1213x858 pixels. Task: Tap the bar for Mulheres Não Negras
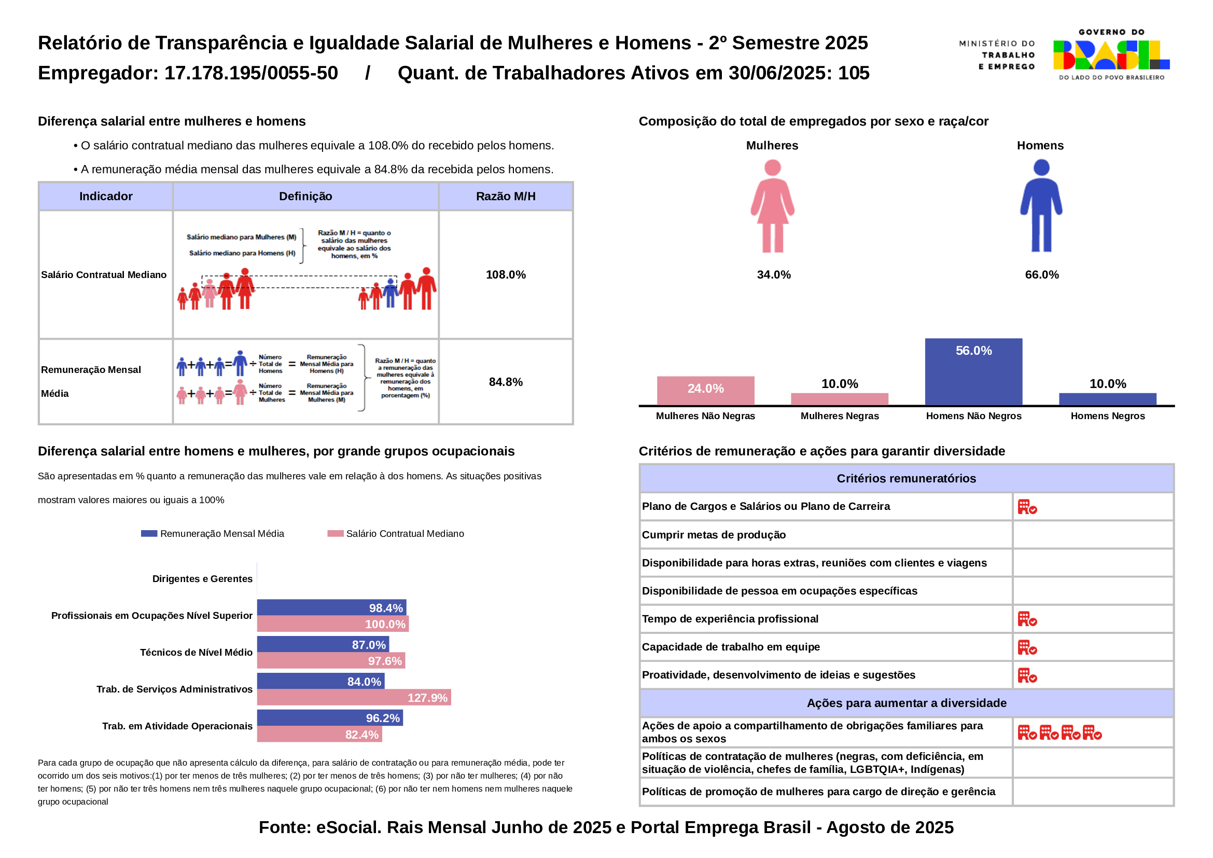point(705,391)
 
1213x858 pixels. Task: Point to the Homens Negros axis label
point(1107,416)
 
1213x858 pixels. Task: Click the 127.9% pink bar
point(354,697)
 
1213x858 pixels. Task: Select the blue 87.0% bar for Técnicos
point(323,645)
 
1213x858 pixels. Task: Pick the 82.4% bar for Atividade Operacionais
point(319,735)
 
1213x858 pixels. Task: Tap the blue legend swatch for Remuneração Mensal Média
point(149,534)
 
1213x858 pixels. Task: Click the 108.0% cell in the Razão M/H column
point(506,275)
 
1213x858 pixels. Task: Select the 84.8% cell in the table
point(506,382)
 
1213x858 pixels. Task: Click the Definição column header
point(305,197)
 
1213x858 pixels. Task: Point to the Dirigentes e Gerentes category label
point(202,578)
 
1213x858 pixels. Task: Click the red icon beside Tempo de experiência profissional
point(1027,619)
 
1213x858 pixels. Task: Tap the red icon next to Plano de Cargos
point(1027,507)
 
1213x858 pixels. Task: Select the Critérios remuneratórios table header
point(906,479)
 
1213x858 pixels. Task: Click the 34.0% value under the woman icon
point(773,275)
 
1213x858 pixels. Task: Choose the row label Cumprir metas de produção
point(713,535)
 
